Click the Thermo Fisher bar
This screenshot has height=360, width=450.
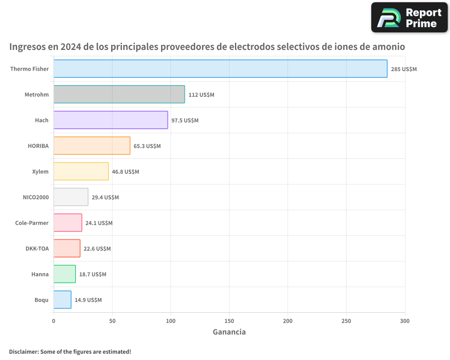tap(220, 69)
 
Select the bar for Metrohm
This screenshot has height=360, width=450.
tap(119, 94)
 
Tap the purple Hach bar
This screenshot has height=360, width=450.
tap(110, 120)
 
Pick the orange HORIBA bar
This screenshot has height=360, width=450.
tap(92, 146)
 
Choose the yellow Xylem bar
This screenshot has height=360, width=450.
tap(81, 171)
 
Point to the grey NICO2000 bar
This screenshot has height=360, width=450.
tap(71, 197)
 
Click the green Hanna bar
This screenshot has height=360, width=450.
tap(64, 274)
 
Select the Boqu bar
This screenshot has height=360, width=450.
tap(62, 300)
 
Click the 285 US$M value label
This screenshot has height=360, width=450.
tap(404, 69)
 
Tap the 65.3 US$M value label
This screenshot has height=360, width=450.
tap(147, 146)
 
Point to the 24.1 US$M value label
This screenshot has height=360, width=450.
tap(99, 223)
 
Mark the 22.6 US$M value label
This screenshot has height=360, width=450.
tap(97, 249)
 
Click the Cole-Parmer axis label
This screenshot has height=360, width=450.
tap(31, 223)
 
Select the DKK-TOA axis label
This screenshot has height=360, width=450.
tap(37, 249)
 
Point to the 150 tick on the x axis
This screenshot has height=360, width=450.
tap(229, 321)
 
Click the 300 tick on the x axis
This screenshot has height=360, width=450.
tap(405, 321)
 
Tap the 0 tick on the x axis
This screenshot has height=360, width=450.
tap(54, 321)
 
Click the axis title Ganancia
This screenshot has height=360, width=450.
tap(229, 332)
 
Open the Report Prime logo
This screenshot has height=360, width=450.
tap(409, 18)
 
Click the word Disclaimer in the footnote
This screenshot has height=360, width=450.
tap(23, 352)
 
